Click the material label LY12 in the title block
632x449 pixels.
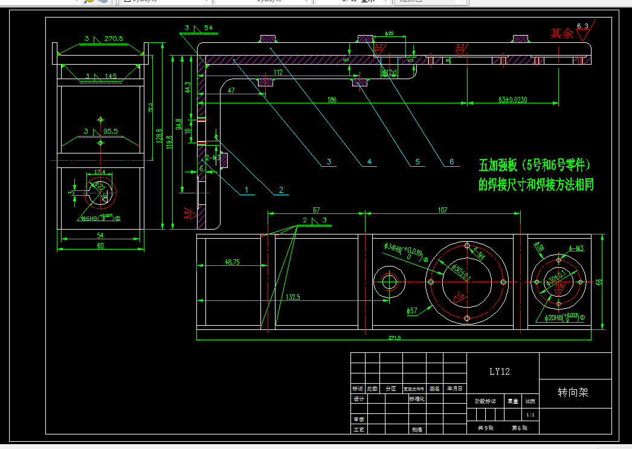499,372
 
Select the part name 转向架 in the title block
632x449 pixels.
573,393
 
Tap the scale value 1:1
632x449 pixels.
530,415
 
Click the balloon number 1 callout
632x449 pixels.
247,190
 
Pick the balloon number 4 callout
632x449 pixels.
369,162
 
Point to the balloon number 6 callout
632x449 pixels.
451,162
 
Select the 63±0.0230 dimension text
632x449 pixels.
513,99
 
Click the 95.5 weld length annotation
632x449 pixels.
111,131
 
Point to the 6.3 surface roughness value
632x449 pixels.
582,26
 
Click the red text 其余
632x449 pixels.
561,33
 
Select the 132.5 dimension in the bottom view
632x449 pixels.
294,297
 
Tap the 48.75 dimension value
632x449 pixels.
232,262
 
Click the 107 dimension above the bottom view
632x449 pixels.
442,210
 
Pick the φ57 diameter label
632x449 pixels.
411,311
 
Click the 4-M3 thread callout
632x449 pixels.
576,248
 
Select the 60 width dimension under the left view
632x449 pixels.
100,245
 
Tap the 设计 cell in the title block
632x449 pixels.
358,399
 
